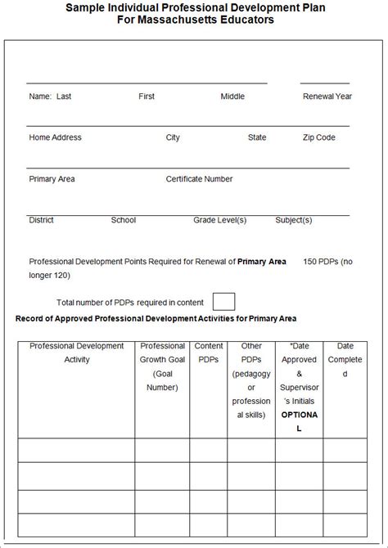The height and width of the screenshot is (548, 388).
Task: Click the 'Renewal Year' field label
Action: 327,97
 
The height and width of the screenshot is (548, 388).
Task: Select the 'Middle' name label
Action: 232,97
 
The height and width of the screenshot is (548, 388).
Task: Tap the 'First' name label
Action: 147,97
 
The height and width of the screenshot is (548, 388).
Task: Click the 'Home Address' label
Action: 56,137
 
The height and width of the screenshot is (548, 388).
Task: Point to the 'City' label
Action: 173,137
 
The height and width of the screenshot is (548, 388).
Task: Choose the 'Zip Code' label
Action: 319,137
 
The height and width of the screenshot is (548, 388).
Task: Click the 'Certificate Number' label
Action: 199,179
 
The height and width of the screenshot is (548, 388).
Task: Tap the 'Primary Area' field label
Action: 52,179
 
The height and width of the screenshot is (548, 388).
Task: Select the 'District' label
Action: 42,220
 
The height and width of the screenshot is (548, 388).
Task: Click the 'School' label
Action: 124,220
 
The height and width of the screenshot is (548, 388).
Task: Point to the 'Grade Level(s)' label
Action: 220,220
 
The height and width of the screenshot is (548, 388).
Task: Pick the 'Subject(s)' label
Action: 294,220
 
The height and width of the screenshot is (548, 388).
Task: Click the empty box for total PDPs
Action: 223,301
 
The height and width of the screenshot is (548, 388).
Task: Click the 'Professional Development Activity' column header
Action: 77,353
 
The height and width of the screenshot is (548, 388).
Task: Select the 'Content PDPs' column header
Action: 209,353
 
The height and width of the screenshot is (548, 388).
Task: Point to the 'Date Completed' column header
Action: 345,360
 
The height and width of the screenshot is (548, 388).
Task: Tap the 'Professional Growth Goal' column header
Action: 162,366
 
